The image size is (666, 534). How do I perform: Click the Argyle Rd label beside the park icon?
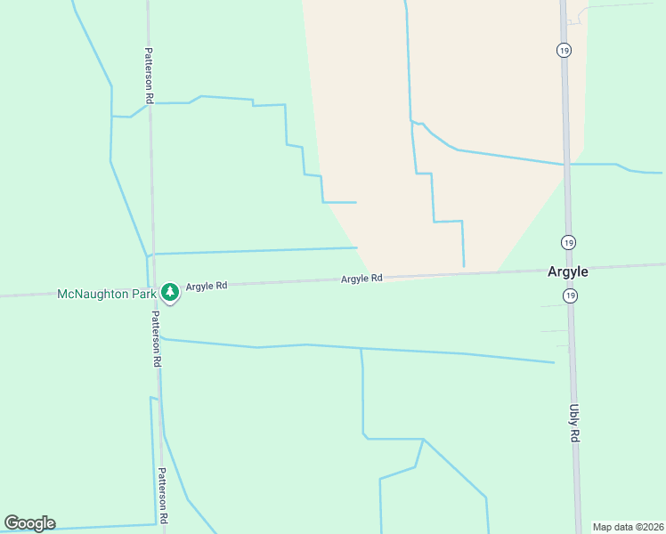click(207, 286)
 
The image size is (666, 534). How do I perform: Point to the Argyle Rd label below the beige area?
click(361, 279)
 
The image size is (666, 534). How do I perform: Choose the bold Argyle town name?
click(567, 272)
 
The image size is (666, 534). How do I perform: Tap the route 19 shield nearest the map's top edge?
click(564, 50)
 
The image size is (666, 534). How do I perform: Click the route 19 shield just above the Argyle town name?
click(569, 241)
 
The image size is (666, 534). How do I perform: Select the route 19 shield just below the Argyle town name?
click(570, 295)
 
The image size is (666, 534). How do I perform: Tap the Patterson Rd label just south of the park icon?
click(155, 338)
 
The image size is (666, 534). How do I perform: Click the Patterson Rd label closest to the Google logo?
click(163, 496)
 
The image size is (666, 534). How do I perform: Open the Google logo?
click(29, 523)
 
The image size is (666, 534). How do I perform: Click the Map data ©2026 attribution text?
click(628, 527)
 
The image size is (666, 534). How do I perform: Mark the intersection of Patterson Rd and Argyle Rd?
click(153, 288)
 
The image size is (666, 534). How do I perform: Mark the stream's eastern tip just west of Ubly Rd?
click(554, 362)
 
